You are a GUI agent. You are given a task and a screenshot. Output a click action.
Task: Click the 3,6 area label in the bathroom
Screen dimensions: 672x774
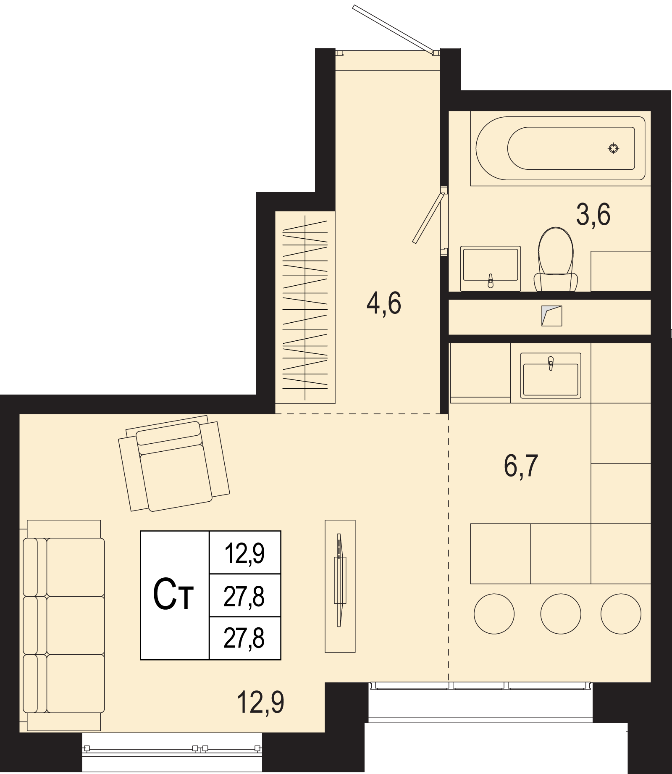[593, 215]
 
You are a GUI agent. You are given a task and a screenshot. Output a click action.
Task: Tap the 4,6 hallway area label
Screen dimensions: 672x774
[384, 303]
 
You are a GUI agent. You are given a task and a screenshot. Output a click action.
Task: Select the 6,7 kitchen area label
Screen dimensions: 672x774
[521, 466]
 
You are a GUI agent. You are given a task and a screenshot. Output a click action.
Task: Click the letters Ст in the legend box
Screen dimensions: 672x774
[173, 594]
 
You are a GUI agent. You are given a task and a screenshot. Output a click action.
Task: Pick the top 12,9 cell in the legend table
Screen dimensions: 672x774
[245, 553]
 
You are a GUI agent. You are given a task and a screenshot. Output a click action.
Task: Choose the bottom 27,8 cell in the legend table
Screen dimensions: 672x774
[245, 638]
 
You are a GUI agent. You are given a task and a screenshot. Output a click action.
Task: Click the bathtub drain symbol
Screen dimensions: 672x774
[614, 148]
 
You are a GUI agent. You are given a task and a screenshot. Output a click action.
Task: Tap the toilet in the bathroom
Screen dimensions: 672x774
[556, 259]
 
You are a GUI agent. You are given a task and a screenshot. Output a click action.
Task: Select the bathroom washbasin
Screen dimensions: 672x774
[491, 269]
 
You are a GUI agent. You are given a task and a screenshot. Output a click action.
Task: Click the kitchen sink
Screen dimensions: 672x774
[551, 376]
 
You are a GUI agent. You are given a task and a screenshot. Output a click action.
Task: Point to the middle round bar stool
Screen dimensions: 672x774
[561, 613]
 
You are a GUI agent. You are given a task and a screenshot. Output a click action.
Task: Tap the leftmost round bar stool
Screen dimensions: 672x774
[494, 613]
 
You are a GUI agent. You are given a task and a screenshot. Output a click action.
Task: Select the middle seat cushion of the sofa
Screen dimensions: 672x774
[76, 625]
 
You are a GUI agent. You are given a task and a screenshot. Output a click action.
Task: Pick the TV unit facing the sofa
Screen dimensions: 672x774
[340, 586]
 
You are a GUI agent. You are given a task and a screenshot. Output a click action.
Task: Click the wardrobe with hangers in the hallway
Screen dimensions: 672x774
[305, 307]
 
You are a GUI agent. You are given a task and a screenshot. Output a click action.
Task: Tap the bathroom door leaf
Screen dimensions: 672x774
[428, 218]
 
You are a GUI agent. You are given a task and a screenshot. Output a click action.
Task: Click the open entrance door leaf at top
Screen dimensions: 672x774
[393, 29]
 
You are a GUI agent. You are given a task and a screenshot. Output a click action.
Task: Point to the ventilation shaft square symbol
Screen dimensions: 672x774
[551, 316]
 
